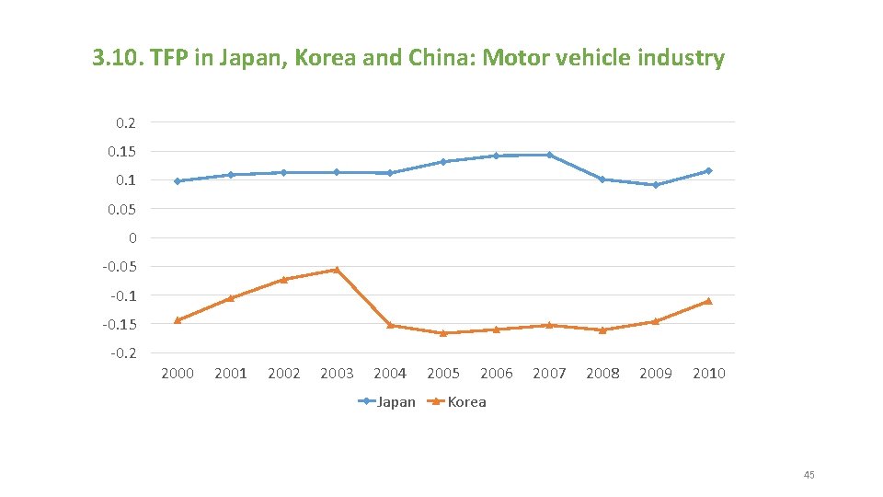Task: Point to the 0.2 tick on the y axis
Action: click(126, 122)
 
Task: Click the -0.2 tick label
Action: click(123, 353)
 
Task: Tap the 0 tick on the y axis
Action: click(132, 237)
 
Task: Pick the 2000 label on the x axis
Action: click(178, 373)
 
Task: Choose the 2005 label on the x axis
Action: click(443, 373)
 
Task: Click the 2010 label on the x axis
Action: click(709, 373)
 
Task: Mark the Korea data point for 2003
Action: click(337, 270)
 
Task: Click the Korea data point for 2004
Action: click(390, 325)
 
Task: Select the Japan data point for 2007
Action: click(550, 155)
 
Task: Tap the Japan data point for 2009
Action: click(656, 185)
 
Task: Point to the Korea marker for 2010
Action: click(709, 301)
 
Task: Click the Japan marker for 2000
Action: click(178, 181)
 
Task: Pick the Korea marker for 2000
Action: click(178, 320)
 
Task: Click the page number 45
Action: click(808, 475)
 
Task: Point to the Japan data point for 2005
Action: click(443, 162)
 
